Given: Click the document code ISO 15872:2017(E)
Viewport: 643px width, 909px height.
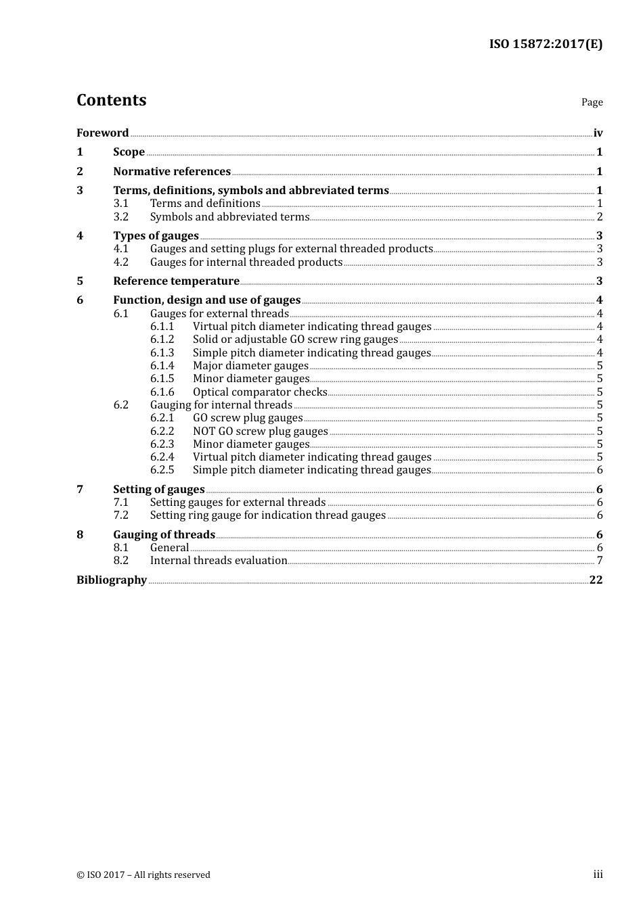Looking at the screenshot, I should (546, 44).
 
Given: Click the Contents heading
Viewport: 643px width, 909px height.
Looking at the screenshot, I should (111, 100).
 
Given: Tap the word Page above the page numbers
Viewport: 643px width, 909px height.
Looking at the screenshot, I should (592, 102).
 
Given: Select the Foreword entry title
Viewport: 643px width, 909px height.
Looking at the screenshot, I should (102, 133).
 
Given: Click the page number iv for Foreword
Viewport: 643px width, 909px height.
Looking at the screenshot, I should (598, 133).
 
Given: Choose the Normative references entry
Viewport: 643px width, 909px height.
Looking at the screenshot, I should (172, 172).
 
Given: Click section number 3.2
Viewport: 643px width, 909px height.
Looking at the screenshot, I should (120, 217).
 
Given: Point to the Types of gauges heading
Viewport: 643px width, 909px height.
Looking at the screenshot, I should (156, 236).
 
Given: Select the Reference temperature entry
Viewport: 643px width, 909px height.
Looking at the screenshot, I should (176, 281).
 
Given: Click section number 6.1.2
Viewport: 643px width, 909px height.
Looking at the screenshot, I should (162, 340).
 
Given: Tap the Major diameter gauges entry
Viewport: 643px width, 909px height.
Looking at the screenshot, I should (250, 366).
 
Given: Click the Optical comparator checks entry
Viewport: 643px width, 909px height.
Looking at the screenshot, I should (260, 392).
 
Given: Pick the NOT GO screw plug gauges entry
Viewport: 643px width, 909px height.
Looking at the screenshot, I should (260, 432).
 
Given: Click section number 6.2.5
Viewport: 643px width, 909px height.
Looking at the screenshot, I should (162, 470).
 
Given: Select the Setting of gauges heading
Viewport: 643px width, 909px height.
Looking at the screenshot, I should (158, 490).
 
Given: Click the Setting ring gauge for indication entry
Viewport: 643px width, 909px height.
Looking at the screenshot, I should (267, 515).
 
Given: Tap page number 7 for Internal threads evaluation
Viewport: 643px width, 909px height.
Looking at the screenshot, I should (599, 561).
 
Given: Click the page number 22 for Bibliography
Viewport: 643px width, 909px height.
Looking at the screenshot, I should (596, 580).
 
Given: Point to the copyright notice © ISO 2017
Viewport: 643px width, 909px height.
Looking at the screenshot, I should (143, 875).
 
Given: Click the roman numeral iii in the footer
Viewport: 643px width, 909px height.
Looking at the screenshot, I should (598, 875).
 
